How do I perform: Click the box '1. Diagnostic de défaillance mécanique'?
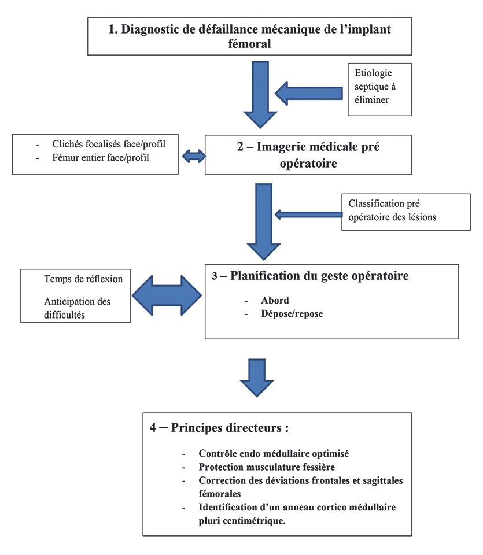(249, 36)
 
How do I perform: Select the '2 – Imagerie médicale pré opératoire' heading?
(308, 154)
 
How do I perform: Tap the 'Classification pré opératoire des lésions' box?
(405, 211)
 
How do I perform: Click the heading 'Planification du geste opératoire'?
(319, 276)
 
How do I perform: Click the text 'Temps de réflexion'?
(83, 279)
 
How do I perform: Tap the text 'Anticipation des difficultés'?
(77, 307)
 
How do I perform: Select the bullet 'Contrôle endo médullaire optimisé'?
(274, 454)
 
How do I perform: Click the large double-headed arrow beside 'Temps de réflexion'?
(167, 295)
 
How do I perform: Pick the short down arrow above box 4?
(256, 376)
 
